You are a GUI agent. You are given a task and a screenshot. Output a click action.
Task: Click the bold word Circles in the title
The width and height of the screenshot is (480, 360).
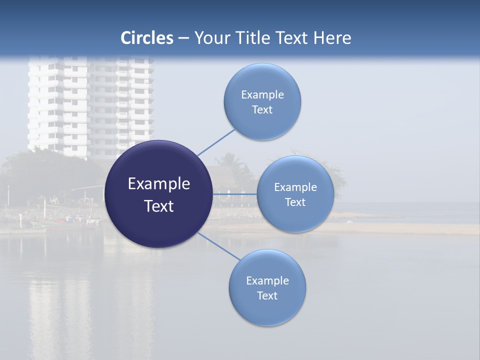point(147,38)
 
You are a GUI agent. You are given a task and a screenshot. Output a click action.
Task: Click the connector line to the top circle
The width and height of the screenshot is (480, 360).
point(216,142)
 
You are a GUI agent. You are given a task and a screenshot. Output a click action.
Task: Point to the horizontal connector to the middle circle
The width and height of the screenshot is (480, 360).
point(234,193)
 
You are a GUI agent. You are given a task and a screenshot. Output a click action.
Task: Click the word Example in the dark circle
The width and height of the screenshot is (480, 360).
point(159,184)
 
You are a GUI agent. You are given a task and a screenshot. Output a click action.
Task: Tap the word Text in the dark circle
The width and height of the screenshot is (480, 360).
point(159,206)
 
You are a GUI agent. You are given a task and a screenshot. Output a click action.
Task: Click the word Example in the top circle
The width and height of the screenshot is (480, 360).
point(262,95)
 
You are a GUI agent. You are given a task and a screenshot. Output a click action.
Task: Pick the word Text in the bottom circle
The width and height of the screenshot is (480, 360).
point(267,296)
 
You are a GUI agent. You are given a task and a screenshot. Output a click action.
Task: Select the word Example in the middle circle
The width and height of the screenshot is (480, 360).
point(295,187)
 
